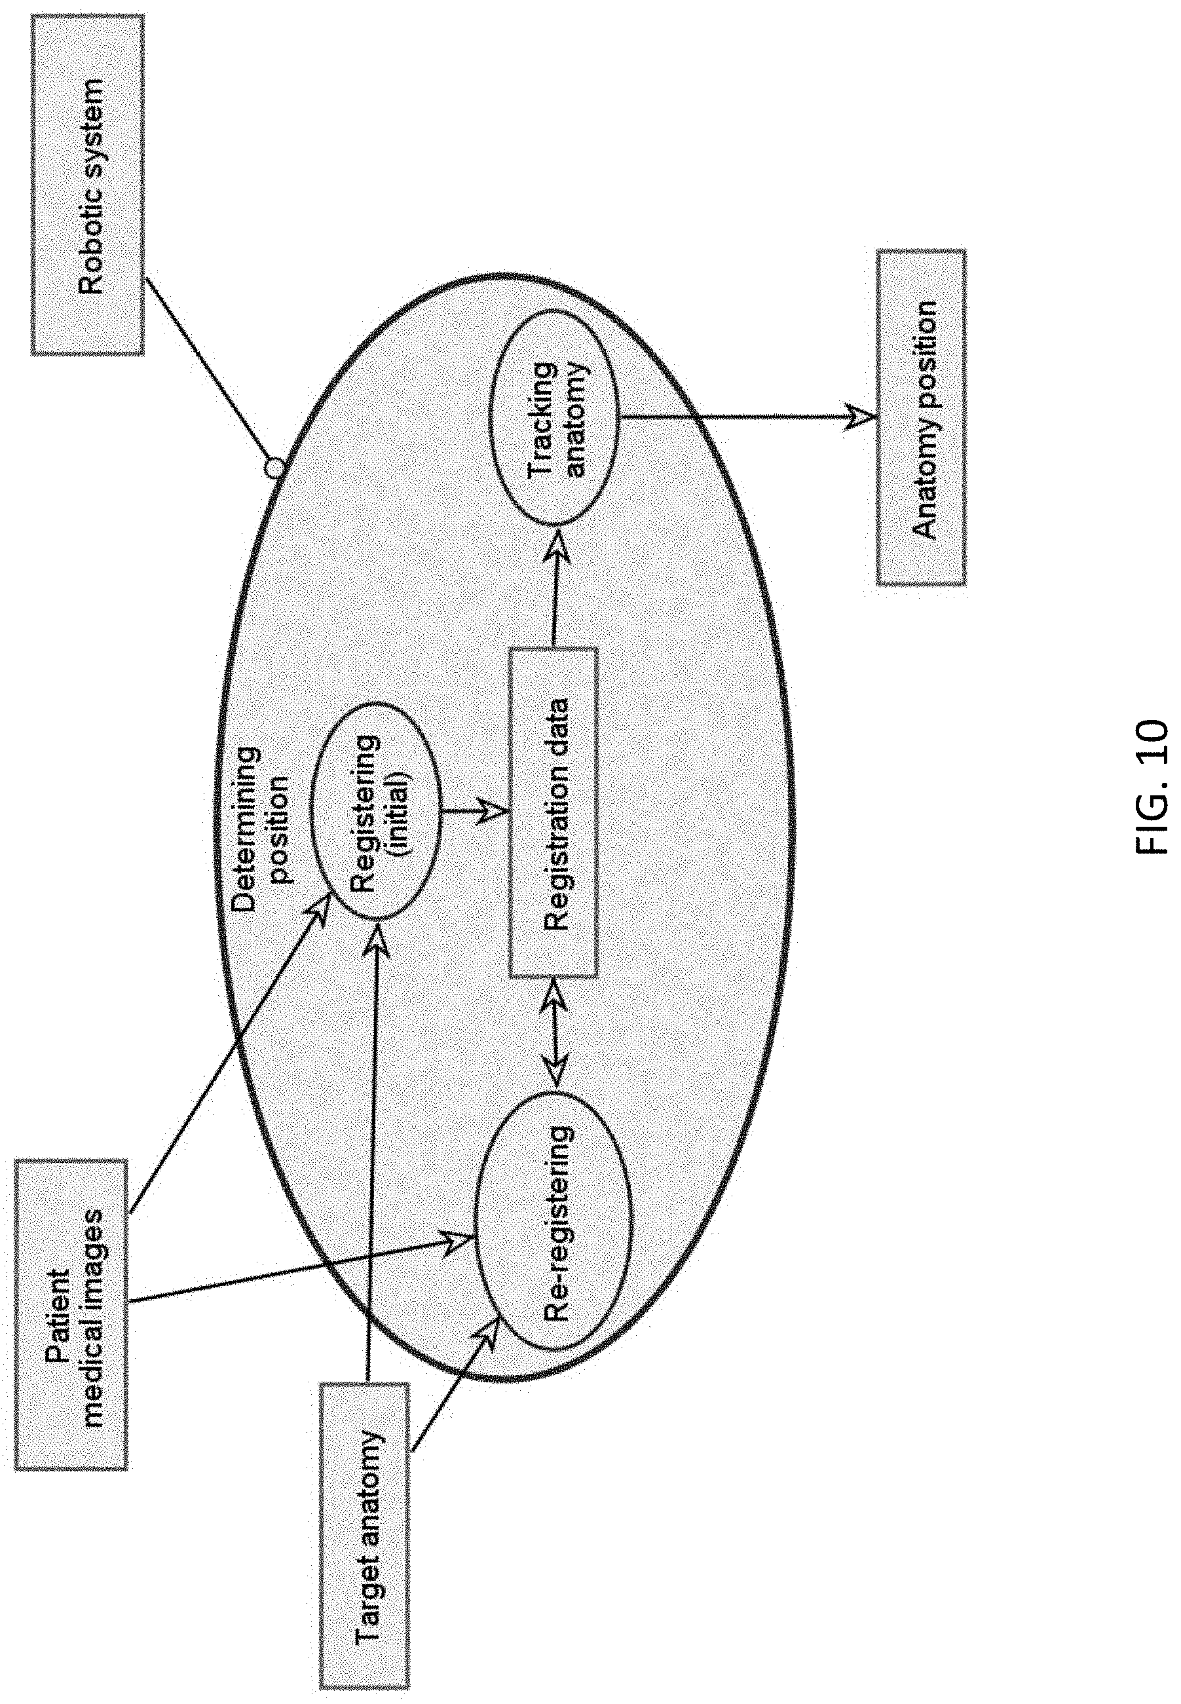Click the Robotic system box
pos(87,185)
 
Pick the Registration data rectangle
pos(553,812)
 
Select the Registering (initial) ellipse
pos(376,811)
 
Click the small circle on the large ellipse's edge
pos(274,468)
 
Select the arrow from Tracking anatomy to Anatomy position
pos(748,417)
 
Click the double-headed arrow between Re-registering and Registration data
pos(555,1033)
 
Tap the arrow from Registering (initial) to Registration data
pos(475,812)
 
